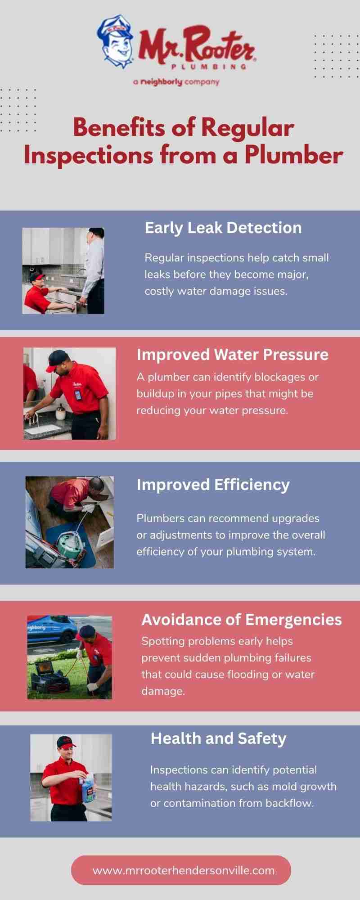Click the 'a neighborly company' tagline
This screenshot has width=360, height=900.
(176, 82)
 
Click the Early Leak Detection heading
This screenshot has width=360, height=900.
(223, 228)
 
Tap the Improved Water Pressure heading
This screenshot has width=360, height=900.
(233, 355)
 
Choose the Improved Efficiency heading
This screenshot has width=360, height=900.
(213, 485)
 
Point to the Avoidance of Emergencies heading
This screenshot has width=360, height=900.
(242, 620)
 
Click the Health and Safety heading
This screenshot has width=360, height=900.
(218, 738)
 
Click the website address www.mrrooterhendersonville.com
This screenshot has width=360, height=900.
(184, 870)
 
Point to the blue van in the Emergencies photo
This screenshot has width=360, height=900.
(52, 630)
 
